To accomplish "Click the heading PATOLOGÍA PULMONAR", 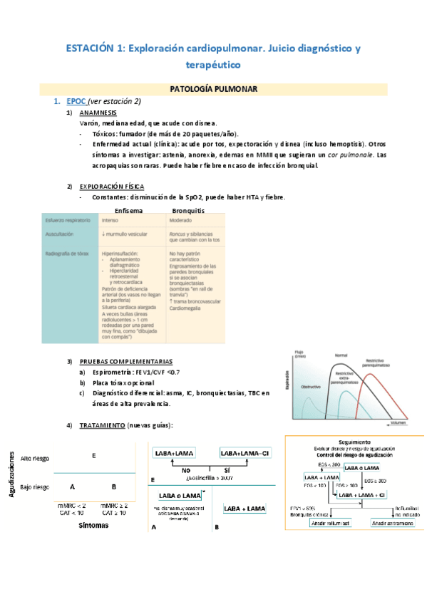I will pos(214,89).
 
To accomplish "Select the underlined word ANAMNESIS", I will pos(99,113).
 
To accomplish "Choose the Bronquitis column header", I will pos(188,211).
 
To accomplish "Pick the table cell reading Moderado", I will pos(182,221).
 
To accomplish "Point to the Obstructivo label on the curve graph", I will pos(307,386).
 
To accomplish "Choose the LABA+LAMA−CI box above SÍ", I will pos(245,453).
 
